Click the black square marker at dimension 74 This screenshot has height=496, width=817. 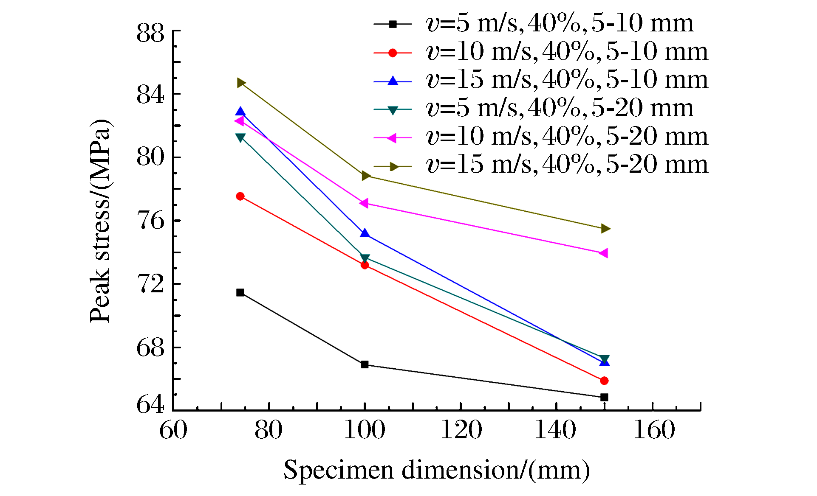coord(240,292)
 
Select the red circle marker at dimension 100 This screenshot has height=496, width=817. coord(365,265)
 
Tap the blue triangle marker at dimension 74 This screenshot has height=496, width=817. coord(240,112)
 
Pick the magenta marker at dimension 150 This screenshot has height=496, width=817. coord(603,253)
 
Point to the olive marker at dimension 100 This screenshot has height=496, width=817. coord(366,176)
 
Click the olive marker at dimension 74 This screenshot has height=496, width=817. coord(241,83)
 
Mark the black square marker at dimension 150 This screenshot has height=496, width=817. coord(604,397)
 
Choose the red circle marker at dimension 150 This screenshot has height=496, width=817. coord(604,381)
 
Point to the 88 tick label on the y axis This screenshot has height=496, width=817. coord(150,33)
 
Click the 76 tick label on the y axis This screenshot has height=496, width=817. coord(150,221)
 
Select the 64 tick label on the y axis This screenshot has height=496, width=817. coord(150,404)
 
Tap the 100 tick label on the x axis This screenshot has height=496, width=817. coord(365,430)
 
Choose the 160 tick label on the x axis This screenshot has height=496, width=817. coord(654,430)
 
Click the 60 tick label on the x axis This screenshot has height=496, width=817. coord(173,430)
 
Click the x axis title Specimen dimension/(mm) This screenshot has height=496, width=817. coord(436,471)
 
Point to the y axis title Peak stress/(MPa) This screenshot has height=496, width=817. coord(101,221)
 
